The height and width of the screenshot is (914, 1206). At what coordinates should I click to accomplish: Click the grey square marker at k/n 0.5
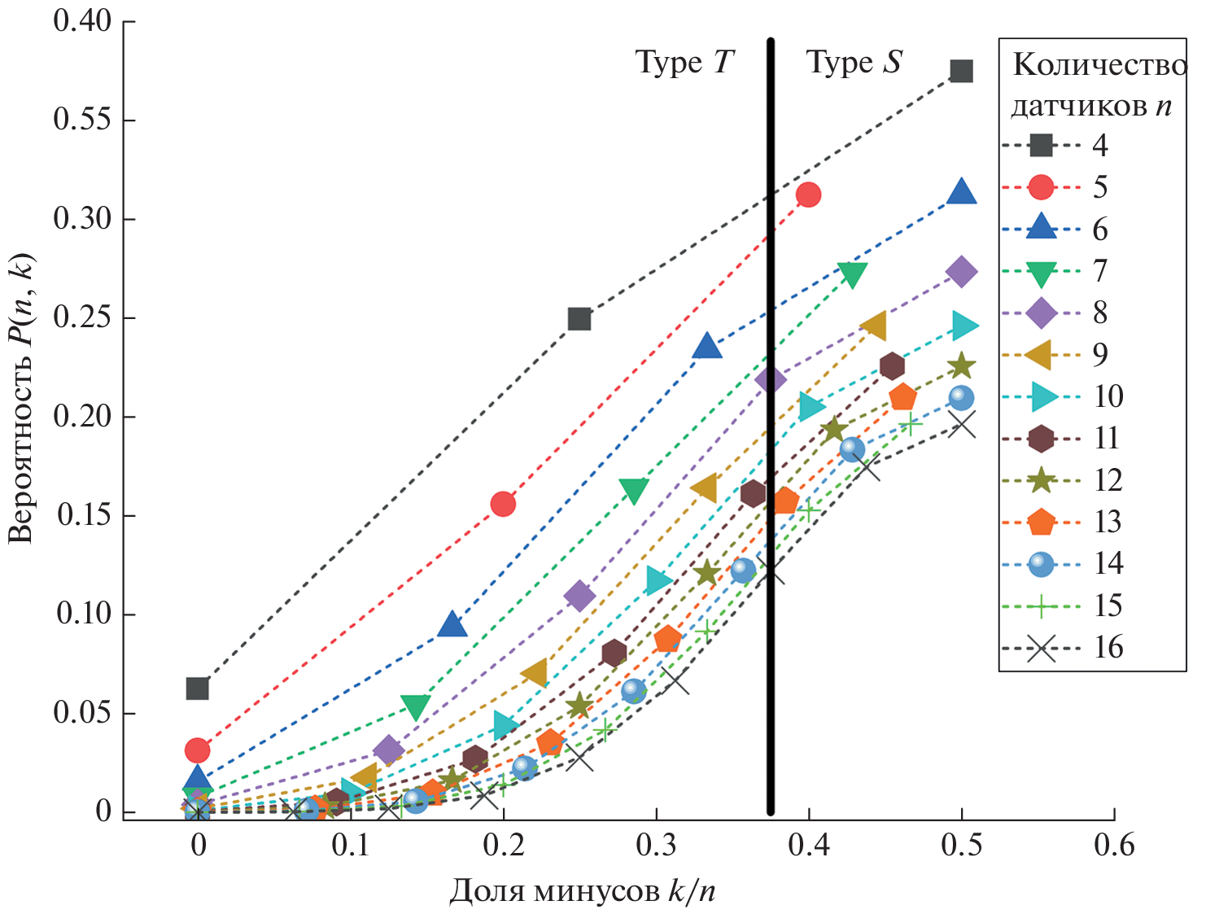point(961,72)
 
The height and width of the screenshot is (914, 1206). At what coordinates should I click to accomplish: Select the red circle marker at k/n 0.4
point(808,195)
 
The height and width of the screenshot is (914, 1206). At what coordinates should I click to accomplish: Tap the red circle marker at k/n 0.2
point(503,504)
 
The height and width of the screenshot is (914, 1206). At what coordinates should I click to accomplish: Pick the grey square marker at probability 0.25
point(579,318)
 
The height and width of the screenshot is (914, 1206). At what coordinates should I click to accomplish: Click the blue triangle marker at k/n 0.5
point(961,192)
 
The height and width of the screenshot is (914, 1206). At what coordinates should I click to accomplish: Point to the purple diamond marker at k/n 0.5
point(961,272)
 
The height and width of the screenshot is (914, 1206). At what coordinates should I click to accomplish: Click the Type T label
point(684,63)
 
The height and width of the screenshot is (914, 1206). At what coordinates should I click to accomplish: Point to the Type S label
point(854,63)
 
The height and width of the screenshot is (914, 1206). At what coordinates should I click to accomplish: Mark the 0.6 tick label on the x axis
point(1113,846)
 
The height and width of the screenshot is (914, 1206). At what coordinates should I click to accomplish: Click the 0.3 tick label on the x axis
point(656,846)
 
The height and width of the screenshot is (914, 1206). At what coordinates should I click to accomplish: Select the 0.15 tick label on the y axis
point(83,515)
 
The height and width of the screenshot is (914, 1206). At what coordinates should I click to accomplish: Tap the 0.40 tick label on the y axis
point(83,20)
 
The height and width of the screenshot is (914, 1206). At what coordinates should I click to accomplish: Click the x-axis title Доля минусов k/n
point(582,891)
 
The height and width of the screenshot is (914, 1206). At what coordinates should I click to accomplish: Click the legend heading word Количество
point(1099,65)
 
